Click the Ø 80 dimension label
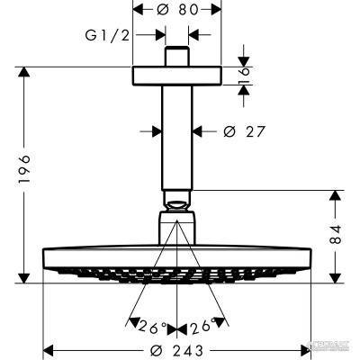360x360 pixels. coord(178,12)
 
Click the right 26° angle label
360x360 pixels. coord(205,324)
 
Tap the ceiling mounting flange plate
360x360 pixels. coord(177,76)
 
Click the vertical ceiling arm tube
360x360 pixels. coord(177,135)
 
